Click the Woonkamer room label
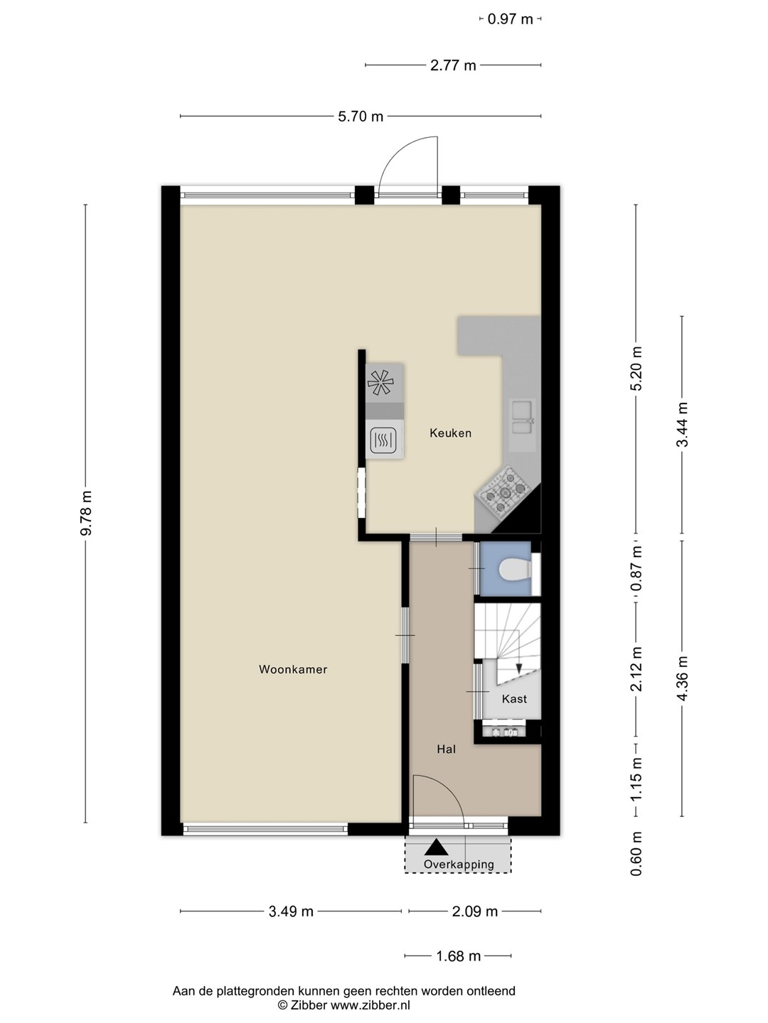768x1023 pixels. [293, 669]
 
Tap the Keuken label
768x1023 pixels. [450, 433]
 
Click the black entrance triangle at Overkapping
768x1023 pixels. [436, 847]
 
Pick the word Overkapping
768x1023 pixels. [459, 865]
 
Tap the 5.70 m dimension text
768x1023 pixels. [361, 117]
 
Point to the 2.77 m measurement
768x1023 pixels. [453, 66]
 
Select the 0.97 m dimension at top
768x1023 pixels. [510, 20]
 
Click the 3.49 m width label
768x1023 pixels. [291, 911]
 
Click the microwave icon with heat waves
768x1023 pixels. [384, 440]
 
